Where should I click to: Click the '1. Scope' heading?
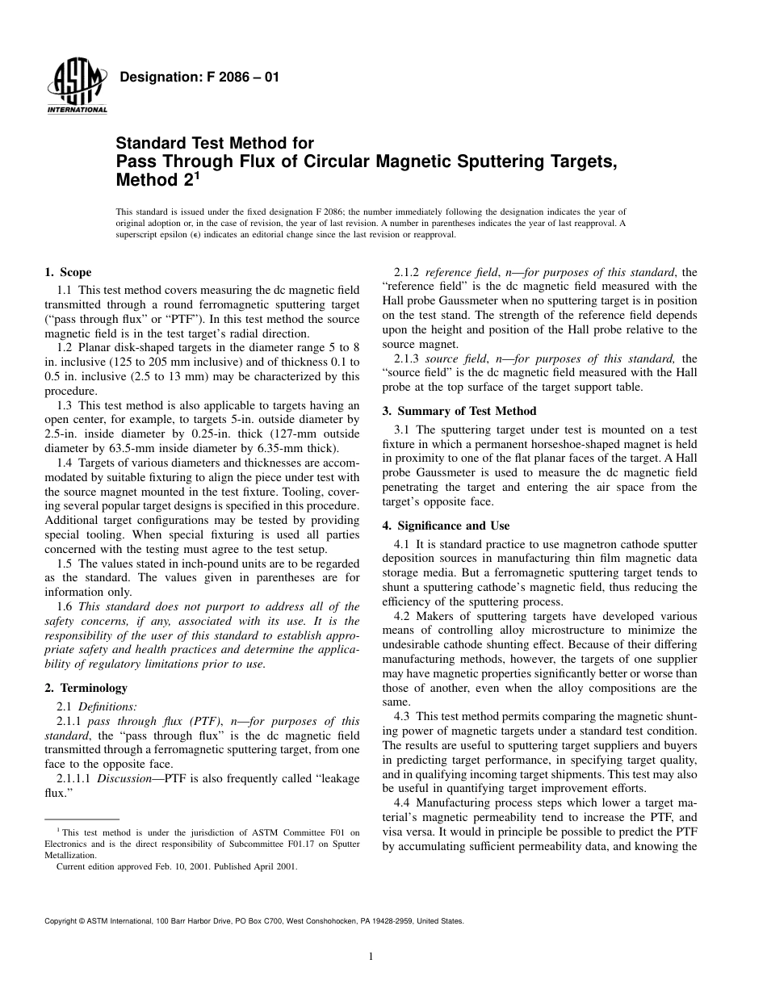[68, 273]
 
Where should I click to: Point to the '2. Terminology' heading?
[86, 688]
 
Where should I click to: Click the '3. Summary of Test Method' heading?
[459, 411]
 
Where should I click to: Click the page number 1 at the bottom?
[369, 957]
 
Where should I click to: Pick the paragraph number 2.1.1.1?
[74, 780]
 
